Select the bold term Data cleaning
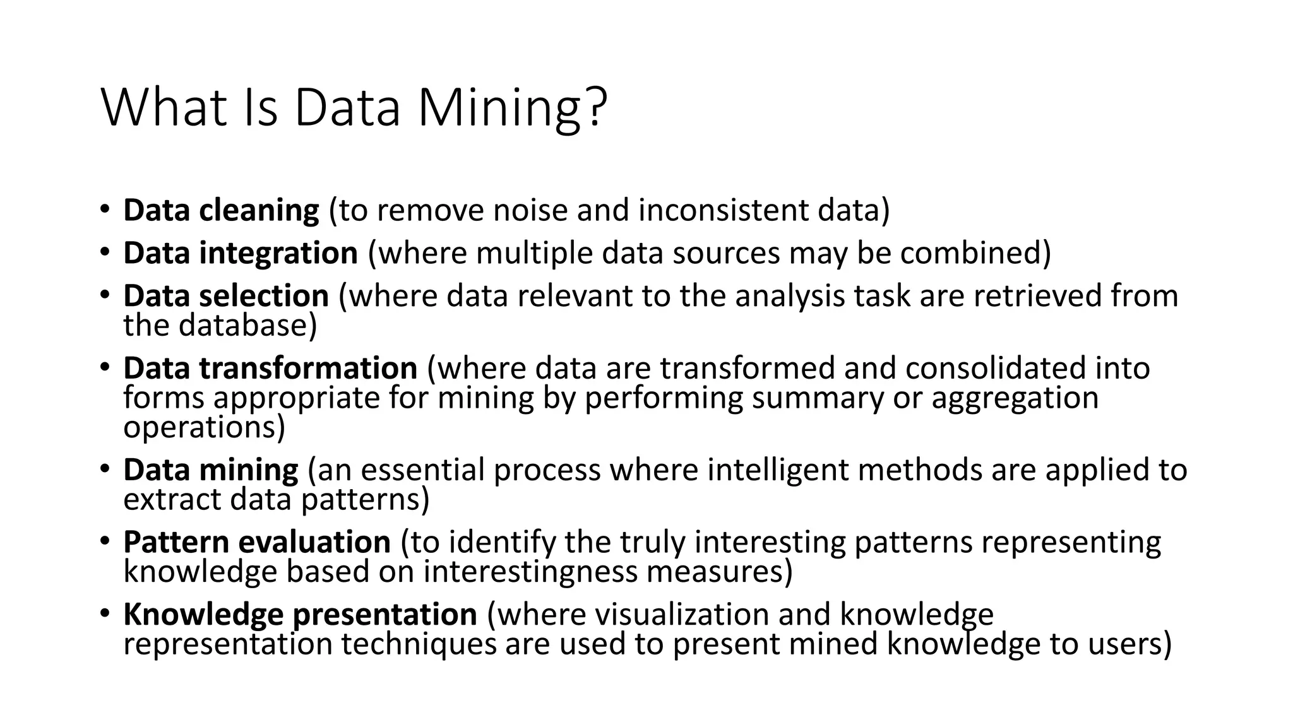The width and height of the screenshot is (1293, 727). click(221, 210)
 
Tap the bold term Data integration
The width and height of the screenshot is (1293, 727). click(241, 253)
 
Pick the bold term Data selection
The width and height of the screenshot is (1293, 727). click(226, 296)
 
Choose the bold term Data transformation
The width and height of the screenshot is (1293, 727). click(270, 368)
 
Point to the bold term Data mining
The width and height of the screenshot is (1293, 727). click(210, 470)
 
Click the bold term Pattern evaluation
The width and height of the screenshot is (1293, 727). click(257, 542)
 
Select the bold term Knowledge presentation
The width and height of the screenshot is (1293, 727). click(300, 615)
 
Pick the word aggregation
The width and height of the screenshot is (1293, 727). click(1015, 398)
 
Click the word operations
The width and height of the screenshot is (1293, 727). click(203, 428)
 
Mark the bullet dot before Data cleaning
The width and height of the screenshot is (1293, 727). click(105, 209)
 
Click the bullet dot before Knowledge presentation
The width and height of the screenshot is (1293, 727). click(105, 613)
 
